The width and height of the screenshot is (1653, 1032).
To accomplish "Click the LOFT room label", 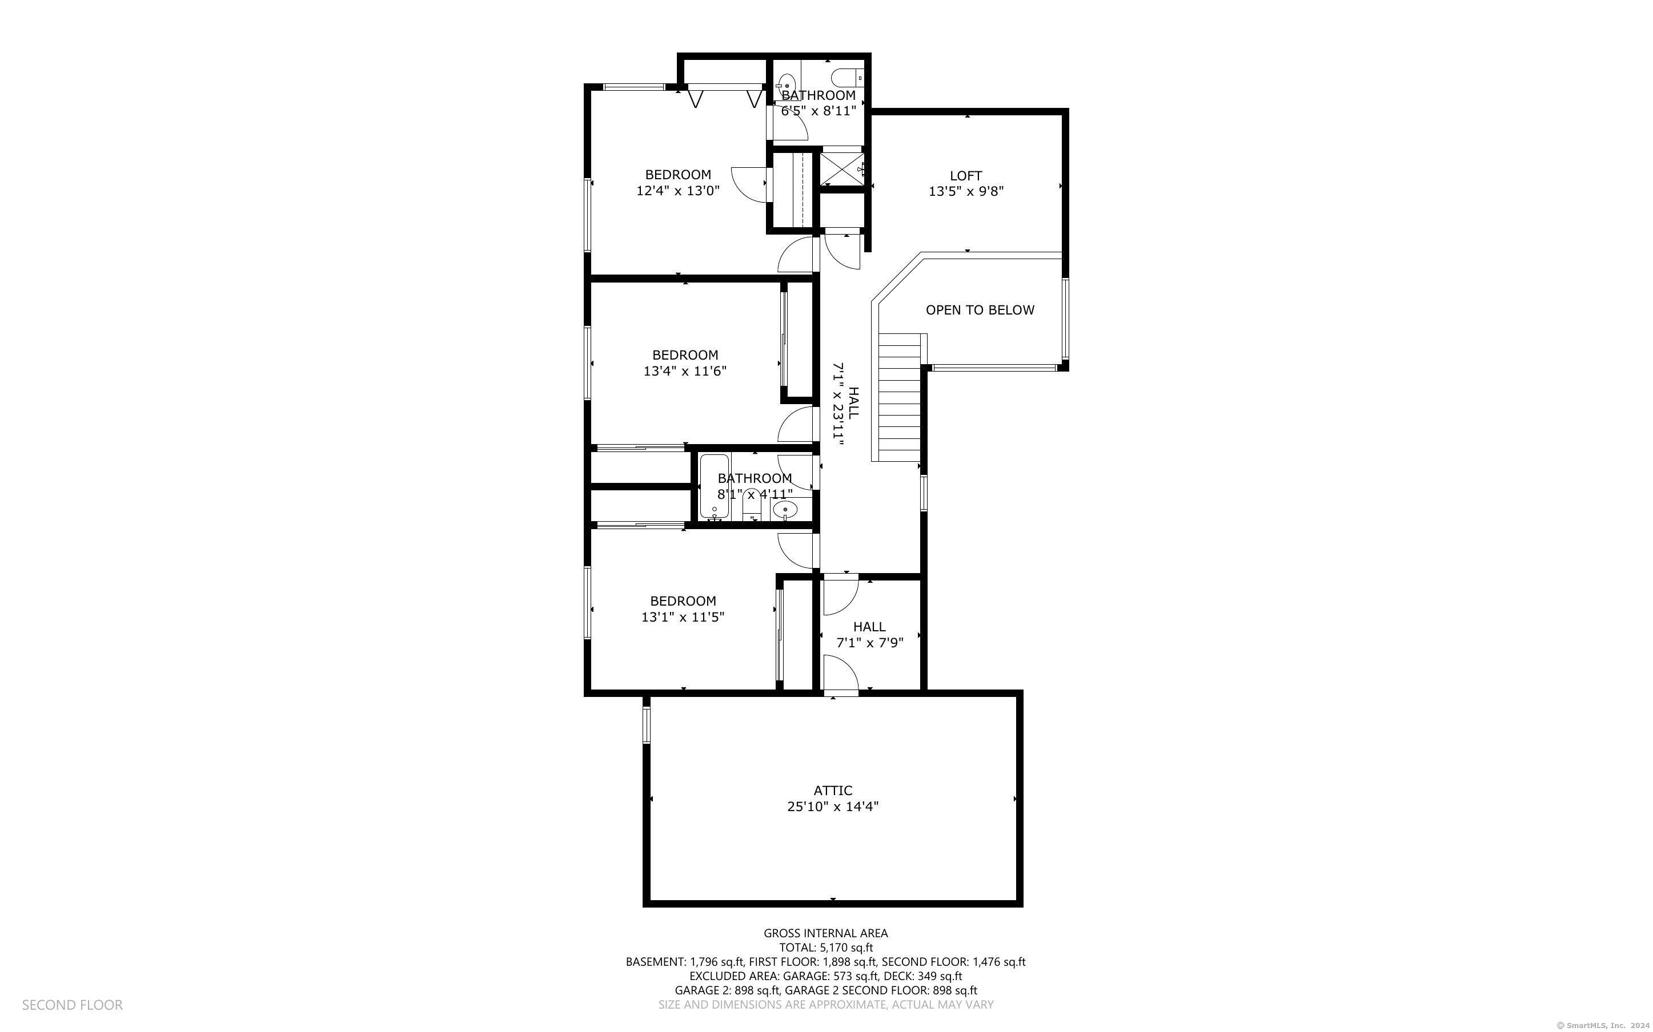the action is (965, 175).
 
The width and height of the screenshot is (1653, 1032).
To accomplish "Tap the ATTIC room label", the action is (832, 791).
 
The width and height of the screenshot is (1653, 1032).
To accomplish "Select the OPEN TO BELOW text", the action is (980, 310).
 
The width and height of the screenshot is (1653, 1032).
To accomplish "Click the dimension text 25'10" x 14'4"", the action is (832, 807).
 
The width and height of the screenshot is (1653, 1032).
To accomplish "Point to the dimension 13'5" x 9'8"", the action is (965, 192).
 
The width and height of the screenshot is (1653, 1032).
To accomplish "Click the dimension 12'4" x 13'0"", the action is (678, 191).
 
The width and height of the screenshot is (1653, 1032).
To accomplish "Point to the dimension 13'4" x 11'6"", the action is (685, 371).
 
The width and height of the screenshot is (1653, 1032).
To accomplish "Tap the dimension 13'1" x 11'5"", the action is (682, 617).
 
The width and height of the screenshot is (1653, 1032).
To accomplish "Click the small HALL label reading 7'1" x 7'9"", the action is (870, 635).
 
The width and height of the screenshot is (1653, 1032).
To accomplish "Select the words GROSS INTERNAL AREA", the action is (825, 933).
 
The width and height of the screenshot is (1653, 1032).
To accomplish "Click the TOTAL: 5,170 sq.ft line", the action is (826, 948).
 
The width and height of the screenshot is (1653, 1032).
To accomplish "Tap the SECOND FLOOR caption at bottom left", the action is (73, 1005).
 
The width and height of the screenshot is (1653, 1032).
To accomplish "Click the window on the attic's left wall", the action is (646, 725).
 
